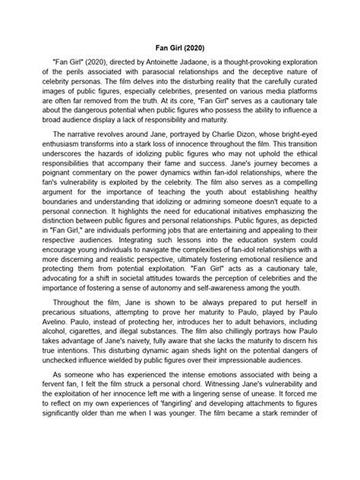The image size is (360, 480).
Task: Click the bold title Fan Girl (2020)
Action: coord(180,46)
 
